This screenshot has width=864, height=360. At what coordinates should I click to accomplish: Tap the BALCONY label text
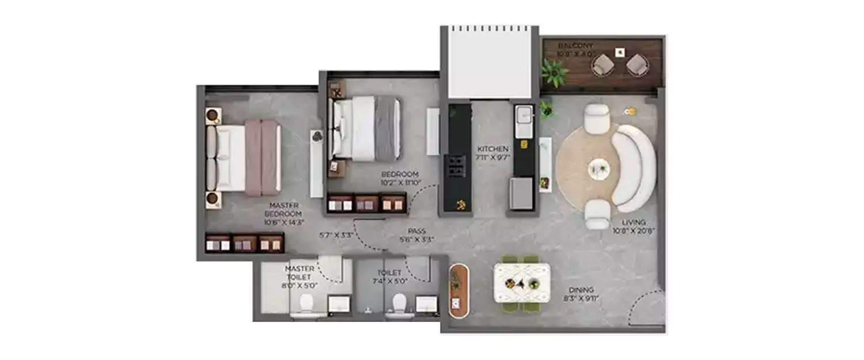coord(575,46)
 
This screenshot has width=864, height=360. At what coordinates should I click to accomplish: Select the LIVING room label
coord(634,222)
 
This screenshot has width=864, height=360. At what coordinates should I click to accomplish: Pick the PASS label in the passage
coord(417,231)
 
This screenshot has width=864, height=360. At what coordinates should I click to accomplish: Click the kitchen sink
coord(524,119)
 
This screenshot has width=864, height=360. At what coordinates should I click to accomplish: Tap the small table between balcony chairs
coord(620,52)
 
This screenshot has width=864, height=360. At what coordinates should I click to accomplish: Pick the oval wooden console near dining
coord(459,291)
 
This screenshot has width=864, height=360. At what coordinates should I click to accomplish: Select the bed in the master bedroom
coord(244,157)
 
